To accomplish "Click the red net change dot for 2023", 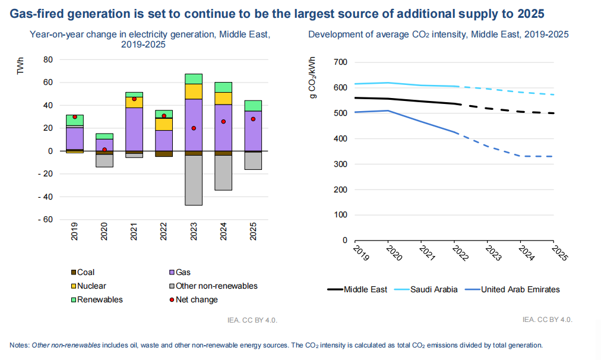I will click(x=194, y=128).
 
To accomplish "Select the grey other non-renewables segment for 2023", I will click(x=194, y=180).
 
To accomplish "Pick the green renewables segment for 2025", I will click(x=253, y=106).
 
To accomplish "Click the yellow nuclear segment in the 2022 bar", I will click(x=164, y=124).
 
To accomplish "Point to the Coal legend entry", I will click(x=83, y=272).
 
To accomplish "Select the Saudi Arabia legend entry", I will click(x=431, y=289).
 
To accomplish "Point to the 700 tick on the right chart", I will click(x=341, y=62).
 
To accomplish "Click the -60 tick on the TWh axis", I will click(x=46, y=219).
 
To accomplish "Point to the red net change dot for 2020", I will click(x=105, y=150).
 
